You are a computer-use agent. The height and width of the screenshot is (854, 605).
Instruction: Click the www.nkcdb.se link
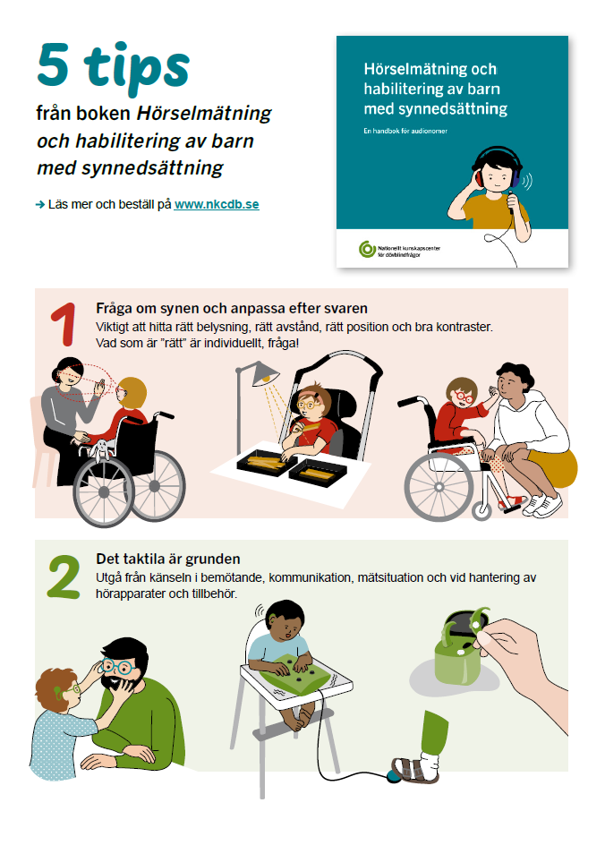pyautogui.click(x=217, y=204)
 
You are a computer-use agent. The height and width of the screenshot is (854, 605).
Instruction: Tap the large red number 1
pyautogui.click(x=61, y=325)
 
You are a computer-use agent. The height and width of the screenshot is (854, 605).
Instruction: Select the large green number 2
pyautogui.click(x=64, y=579)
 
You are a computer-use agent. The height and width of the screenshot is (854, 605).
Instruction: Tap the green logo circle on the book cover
pyautogui.click(x=364, y=249)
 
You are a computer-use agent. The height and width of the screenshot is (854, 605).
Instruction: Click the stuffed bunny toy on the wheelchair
pyautogui.click(x=101, y=452)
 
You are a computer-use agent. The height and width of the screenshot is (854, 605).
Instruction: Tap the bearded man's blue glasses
pyautogui.click(x=116, y=666)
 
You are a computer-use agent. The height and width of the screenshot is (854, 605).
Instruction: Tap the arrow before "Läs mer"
pyautogui.click(x=40, y=205)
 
